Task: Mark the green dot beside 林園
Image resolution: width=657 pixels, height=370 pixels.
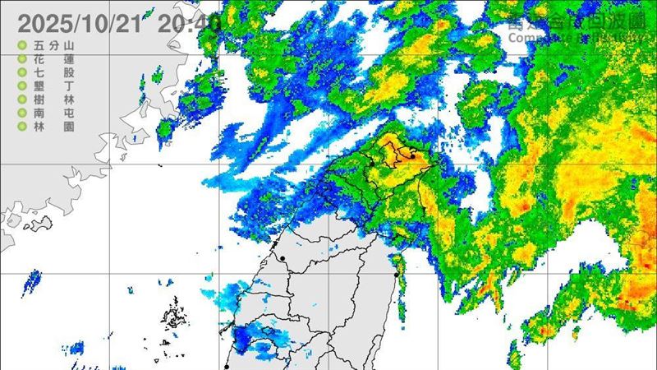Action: tap(21, 127)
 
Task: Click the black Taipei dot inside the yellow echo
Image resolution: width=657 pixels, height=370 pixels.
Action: tap(413, 153)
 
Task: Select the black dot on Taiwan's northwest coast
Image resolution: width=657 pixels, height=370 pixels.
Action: tap(371, 164)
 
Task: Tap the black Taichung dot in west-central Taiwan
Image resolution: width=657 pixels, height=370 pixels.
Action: tap(283, 258)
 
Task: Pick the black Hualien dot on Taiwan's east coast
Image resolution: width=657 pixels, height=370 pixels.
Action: tap(398, 274)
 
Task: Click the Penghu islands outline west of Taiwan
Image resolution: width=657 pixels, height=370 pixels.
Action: tap(174, 317)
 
